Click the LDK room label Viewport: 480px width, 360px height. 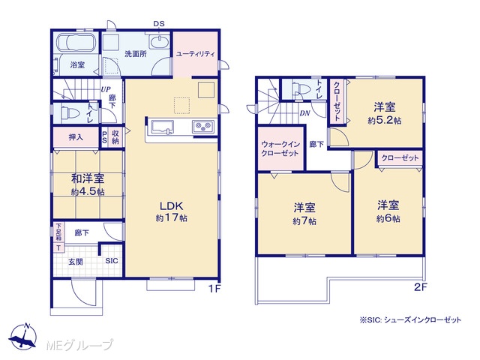[x=172, y=205]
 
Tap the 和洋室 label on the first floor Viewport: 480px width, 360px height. [x=88, y=178]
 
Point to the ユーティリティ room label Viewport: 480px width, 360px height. [x=196, y=54]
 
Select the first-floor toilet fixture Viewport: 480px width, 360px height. [x=70, y=112]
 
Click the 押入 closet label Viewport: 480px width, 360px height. [x=76, y=136]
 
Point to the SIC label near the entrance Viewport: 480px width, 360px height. [x=112, y=261]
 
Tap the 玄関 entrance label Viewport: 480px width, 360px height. [x=75, y=262]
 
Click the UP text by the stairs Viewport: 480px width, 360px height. [x=106, y=90]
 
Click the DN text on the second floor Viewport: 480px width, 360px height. [x=305, y=113]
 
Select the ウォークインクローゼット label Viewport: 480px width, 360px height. [x=280, y=148]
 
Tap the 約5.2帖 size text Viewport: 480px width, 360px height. [x=385, y=121]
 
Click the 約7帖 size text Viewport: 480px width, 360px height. [x=304, y=221]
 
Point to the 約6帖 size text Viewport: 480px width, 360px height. [x=388, y=218]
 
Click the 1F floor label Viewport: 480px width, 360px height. [x=214, y=288]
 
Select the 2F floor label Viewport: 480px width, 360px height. [x=421, y=287]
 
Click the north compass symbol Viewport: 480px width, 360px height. [x=23, y=335]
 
